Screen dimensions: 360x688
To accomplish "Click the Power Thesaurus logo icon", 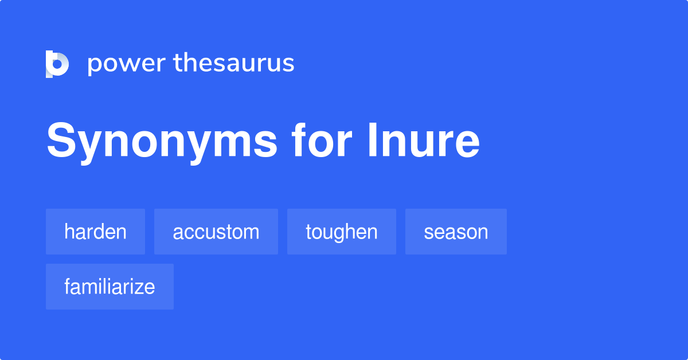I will coord(57,64).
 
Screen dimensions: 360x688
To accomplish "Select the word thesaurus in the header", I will coord(234,64).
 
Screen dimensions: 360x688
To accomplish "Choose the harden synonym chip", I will coord(95,232).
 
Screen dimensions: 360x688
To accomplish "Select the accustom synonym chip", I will coord(216,232).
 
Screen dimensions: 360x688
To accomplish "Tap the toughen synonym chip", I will coord(342,232).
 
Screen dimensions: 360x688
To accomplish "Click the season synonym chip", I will coord(456,232).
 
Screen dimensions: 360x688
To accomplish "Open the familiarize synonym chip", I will coord(110,287).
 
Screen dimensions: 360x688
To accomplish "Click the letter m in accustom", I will coord(251,233).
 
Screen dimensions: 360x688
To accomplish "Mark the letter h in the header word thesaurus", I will coord(188,62).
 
